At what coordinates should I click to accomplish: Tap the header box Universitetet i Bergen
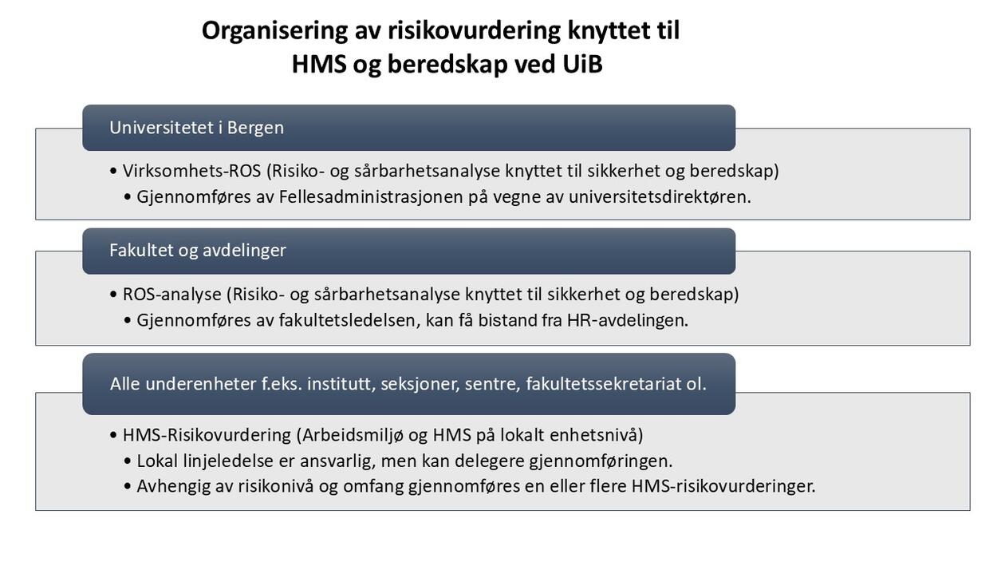(408, 128)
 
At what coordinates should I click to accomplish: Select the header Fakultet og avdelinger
(408, 251)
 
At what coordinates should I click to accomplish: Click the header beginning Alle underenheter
(408, 384)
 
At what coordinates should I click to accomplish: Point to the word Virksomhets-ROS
(191, 171)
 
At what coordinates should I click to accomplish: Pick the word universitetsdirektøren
(659, 196)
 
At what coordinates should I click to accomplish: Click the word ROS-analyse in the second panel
(171, 294)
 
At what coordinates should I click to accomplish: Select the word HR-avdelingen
(627, 320)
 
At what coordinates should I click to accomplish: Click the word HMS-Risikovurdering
(206, 435)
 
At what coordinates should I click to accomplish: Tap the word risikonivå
(275, 485)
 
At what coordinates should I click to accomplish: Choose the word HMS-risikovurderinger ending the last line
(723, 485)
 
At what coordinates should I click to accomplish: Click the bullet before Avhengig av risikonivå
(128, 486)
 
